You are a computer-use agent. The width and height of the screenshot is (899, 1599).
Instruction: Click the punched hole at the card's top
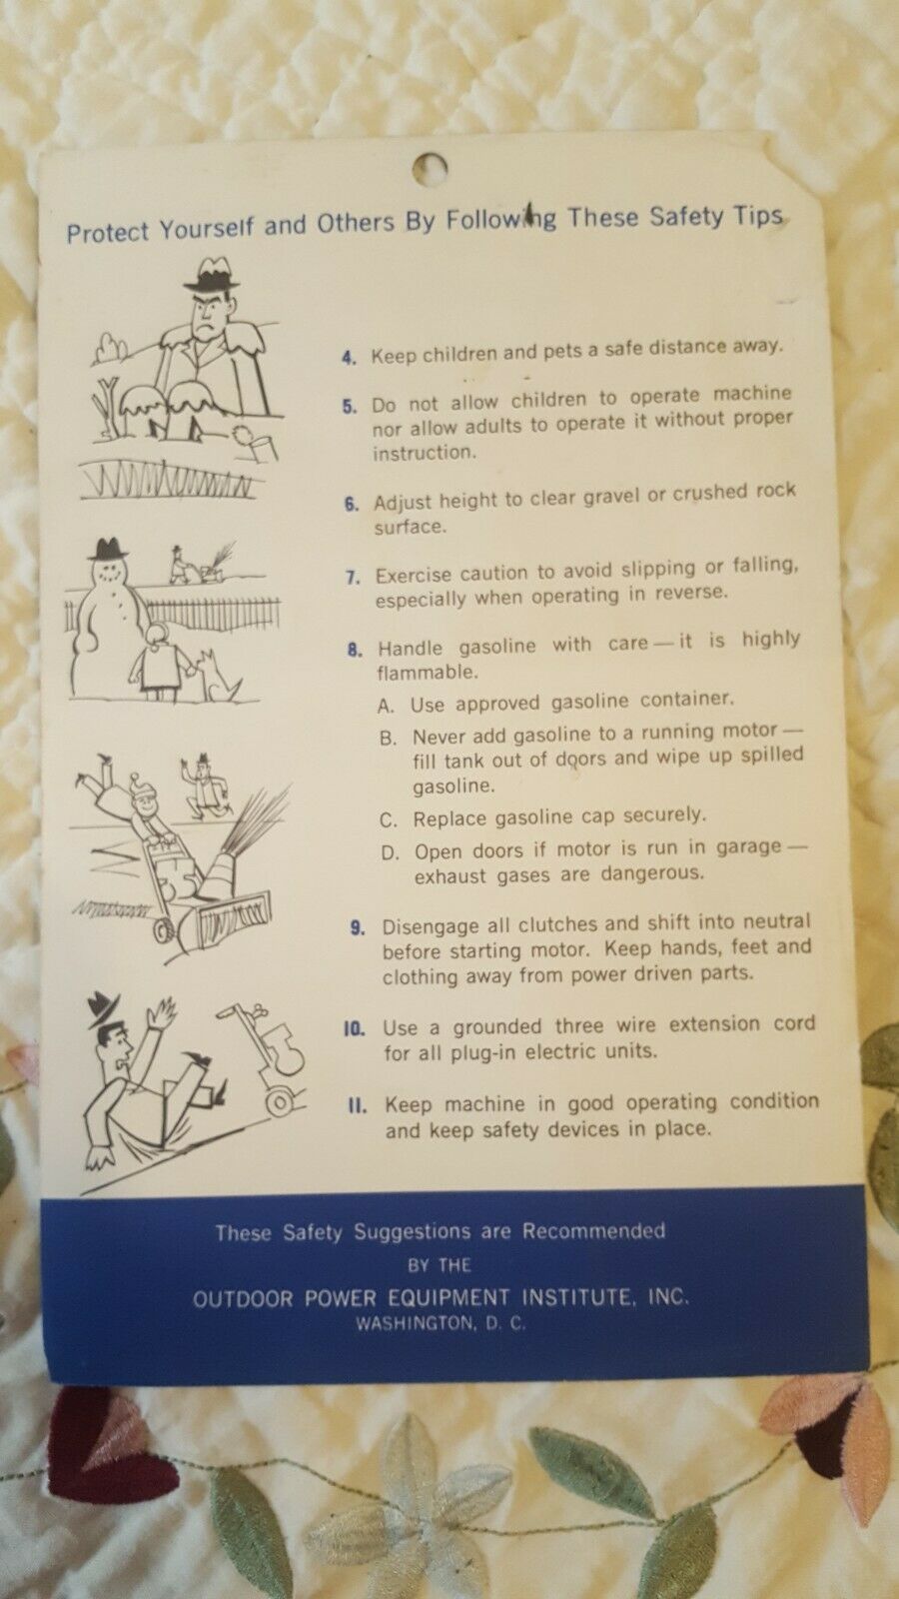pyautogui.click(x=431, y=168)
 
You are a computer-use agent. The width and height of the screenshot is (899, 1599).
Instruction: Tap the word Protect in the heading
pyautogui.click(x=108, y=233)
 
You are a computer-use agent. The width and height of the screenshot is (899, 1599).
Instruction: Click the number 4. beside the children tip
pyautogui.click(x=350, y=358)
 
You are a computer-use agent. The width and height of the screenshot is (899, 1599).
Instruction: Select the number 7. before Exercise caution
pyautogui.click(x=354, y=578)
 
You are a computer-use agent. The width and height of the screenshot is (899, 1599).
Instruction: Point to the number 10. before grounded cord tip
pyautogui.click(x=355, y=1029)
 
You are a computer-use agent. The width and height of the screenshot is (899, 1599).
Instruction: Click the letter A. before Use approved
pyautogui.click(x=386, y=706)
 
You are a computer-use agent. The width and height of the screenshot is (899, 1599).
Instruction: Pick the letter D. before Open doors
pyautogui.click(x=391, y=853)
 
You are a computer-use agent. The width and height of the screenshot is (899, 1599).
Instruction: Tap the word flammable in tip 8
pyautogui.click(x=427, y=673)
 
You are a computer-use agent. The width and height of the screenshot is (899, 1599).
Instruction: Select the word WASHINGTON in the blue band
pyautogui.click(x=414, y=1323)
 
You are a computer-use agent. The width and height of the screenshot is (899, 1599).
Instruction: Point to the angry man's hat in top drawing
pyautogui.click(x=211, y=274)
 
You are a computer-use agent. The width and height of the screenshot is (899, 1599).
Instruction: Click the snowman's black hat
pyautogui.click(x=108, y=549)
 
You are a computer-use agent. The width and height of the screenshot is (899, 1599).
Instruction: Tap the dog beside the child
pyautogui.click(x=217, y=676)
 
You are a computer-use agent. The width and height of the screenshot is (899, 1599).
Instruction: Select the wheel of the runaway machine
pyautogui.click(x=281, y=1103)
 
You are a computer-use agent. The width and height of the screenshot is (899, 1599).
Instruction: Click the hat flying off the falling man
pyautogui.click(x=102, y=1008)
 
